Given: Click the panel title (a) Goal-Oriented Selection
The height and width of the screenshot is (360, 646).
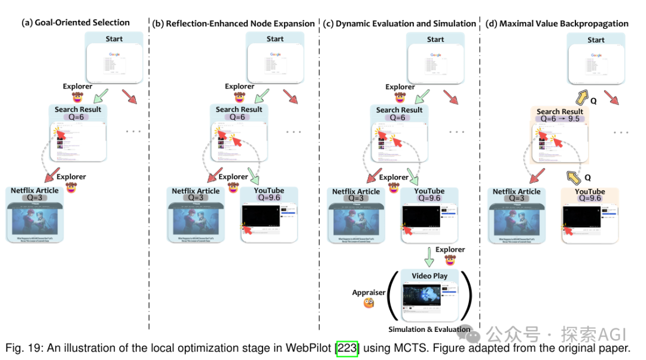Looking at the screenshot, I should coord(75,23).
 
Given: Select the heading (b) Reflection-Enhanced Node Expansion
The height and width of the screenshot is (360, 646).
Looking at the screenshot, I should coord(233,23).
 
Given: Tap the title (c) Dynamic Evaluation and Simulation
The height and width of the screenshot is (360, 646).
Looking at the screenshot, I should coord(400,23).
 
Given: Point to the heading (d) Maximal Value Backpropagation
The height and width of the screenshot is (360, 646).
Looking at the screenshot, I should coord(556,23).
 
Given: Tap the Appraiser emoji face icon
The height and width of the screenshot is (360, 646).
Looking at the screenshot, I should coord(368,303).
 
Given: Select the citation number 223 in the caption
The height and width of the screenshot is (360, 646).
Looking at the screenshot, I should coord(347,348).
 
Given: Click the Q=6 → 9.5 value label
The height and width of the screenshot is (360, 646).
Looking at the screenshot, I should coord(560,119).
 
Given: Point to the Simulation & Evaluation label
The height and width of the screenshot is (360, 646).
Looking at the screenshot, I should coord(429,329).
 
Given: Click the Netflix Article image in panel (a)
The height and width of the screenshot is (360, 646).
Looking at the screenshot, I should coord(35,219).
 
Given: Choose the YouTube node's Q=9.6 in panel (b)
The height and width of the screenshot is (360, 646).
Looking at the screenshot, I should coord(269,198).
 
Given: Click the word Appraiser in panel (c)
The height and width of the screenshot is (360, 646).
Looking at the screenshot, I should coord(368,292).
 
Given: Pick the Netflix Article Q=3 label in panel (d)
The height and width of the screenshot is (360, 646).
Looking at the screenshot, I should coord(517,199).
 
